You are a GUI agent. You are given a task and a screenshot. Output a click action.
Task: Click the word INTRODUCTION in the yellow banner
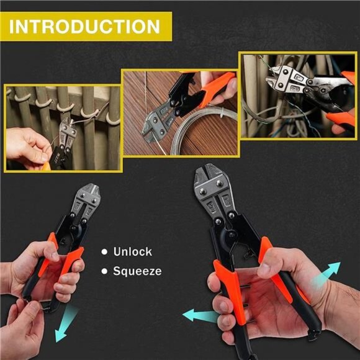pyautogui.click(x=85, y=26)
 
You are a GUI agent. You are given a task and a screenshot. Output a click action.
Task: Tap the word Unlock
pyautogui.click(x=132, y=251)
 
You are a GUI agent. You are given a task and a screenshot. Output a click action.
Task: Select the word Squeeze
pyautogui.click(x=137, y=271)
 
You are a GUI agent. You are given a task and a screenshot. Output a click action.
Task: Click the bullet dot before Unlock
pyautogui.click(x=104, y=252)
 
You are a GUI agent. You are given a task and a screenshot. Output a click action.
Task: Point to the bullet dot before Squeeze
pyautogui.click(x=104, y=271)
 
